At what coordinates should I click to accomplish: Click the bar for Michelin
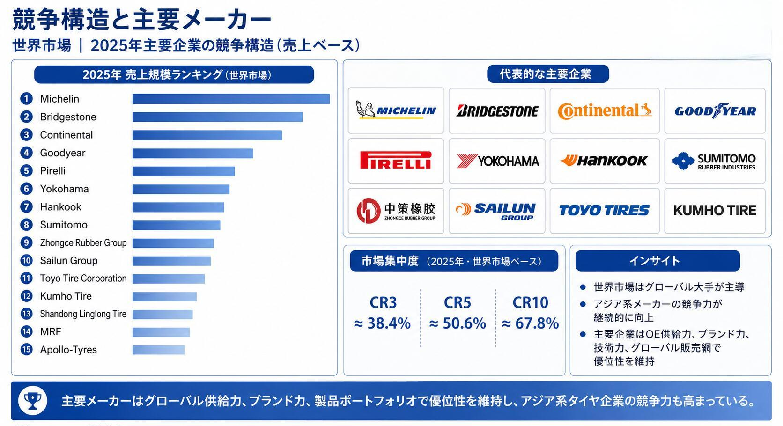click(x=231, y=99)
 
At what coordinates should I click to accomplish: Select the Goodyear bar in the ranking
click(x=192, y=153)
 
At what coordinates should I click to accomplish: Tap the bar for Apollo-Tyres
click(x=158, y=350)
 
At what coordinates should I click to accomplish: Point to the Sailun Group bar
click(x=171, y=261)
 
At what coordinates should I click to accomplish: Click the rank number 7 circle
click(x=26, y=207)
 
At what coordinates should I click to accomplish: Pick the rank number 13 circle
click(x=26, y=314)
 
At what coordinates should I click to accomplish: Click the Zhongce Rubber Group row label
click(x=83, y=243)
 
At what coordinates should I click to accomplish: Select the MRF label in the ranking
click(x=51, y=331)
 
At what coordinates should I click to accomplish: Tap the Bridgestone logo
click(x=497, y=111)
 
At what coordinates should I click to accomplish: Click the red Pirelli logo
click(x=396, y=161)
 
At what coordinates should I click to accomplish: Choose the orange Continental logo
click(x=605, y=111)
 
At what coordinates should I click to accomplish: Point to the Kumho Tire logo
click(x=715, y=210)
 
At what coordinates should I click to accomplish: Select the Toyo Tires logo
click(x=604, y=210)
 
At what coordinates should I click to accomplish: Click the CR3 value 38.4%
click(x=383, y=323)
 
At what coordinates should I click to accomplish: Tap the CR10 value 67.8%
click(x=530, y=323)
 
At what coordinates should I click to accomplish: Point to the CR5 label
click(x=457, y=302)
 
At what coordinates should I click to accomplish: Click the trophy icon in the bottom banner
click(x=32, y=401)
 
